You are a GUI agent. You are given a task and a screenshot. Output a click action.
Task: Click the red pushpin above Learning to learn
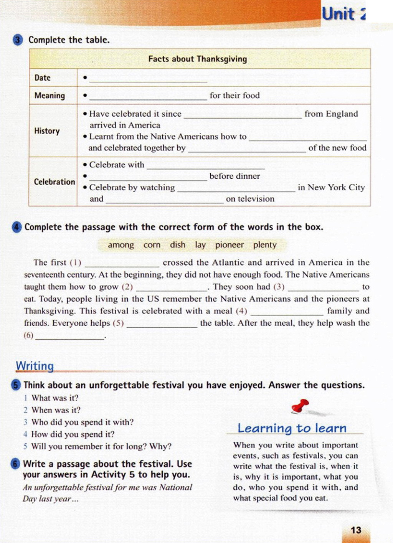click(x=300, y=406)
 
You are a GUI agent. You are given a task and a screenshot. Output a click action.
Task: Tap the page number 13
click(x=356, y=530)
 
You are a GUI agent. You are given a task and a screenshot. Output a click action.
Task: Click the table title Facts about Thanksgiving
click(x=197, y=59)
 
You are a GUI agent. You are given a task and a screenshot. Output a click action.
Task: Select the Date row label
click(x=43, y=78)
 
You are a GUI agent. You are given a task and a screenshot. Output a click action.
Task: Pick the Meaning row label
click(x=50, y=96)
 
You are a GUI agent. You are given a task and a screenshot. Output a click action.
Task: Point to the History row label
click(x=47, y=131)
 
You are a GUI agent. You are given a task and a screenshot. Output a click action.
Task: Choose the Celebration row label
click(x=54, y=182)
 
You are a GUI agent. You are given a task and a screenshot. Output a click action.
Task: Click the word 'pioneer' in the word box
click(x=229, y=245)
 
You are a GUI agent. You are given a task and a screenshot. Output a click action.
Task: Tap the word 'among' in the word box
click(x=121, y=245)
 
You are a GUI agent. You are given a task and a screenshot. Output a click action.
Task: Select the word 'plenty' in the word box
click(x=265, y=245)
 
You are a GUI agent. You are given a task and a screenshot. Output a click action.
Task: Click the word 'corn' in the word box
click(x=152, y=245)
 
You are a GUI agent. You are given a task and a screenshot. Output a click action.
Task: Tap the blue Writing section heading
click(x=35, y=366)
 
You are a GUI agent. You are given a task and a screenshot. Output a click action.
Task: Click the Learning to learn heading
click(x=292, y=428)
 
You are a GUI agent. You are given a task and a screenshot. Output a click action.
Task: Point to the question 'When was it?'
click(x=56, y=410)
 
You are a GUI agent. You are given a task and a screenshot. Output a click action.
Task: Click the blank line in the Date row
click(x=148, y=79)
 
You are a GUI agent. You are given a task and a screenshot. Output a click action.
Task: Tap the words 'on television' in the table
click(x=250, y=199)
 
